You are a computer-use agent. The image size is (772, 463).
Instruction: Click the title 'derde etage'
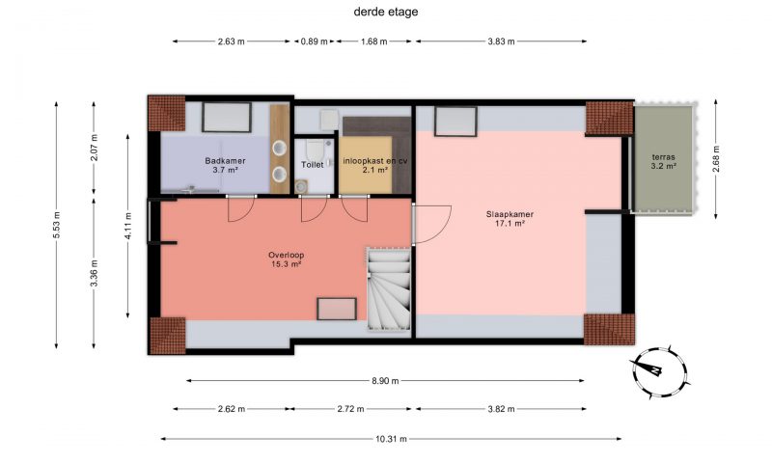(385, 12)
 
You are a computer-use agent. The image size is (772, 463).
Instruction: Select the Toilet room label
(312, 165)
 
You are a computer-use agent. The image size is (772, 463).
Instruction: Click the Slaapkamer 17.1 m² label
(510, 219)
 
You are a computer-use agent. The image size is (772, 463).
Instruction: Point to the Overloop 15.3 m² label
(286, 259)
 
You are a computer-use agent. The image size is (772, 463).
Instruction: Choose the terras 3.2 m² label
(663, 161)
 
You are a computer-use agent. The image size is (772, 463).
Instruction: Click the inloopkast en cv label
(375, 160)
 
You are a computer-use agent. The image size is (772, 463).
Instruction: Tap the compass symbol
(659, 372)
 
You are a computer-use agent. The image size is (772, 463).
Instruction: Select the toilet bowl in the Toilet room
(313, 148)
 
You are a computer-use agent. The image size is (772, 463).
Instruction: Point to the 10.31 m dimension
(391, 439)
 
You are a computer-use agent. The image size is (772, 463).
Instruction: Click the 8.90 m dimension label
(385, 380)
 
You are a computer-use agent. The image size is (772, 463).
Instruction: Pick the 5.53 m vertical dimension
(56, 225)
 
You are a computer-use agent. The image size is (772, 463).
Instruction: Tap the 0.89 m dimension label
(315, 41)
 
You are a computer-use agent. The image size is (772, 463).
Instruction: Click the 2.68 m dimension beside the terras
(716, 159)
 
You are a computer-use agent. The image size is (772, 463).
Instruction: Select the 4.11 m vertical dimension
(128, 226)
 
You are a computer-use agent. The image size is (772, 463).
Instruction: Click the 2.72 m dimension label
(350, 409)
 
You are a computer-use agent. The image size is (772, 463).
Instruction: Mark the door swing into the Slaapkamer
(431, 225)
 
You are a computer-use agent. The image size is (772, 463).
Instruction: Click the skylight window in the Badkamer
(227, 117)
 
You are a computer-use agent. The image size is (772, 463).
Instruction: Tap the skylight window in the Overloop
(336, 309)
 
